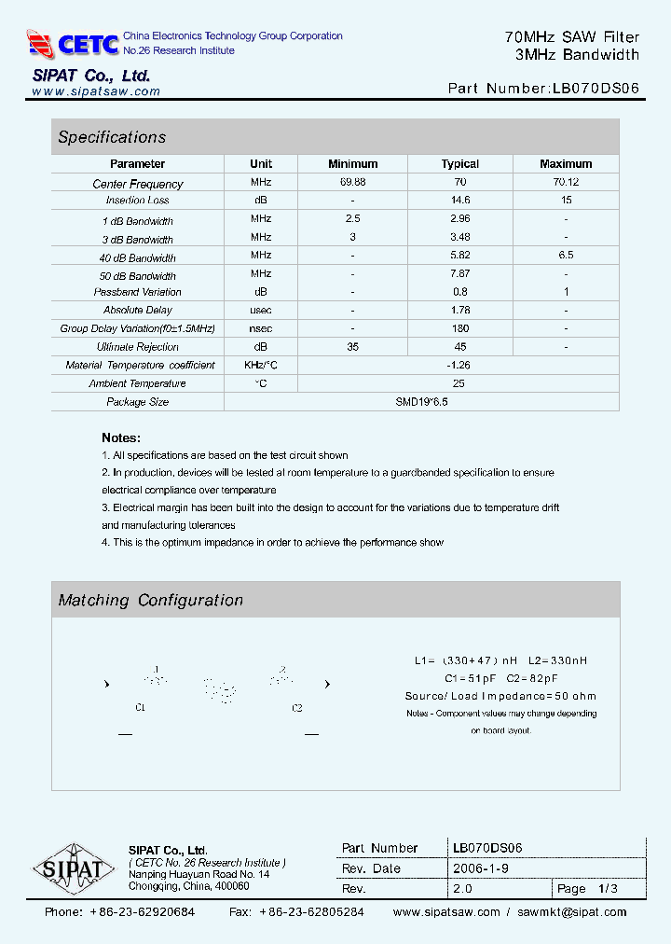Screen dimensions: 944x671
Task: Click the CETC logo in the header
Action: tap(74, 43)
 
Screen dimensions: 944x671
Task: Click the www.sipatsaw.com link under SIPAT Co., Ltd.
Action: tap(96, 91)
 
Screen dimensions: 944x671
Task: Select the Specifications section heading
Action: tap(112, 137)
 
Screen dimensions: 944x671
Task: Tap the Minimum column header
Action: tap(352, 163)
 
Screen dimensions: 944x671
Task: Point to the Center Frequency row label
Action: tap(138, 184)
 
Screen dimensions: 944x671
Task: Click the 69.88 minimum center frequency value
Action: tap(352, 182)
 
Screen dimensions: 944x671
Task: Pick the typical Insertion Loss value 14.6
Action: tap(459, 200)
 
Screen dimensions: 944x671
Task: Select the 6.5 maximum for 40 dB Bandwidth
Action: tap(566, 255)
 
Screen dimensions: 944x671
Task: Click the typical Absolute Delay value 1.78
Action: tap(459, 310)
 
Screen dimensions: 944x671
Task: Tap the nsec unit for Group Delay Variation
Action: tap(261, 328)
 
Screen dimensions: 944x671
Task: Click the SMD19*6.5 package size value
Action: tap(421, 401)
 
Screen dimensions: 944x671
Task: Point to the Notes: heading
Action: tap(121, 437)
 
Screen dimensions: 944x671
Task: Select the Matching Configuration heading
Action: tap(150, 601)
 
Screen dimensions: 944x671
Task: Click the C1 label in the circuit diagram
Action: tap(140, 708)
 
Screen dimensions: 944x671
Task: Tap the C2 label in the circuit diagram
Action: tap(297, 708)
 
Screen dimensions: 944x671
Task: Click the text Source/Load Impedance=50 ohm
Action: tap(500, 696)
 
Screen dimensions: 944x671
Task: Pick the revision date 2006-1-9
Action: tap(481, 868)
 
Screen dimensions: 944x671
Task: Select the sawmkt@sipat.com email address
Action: tap(571, 912)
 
